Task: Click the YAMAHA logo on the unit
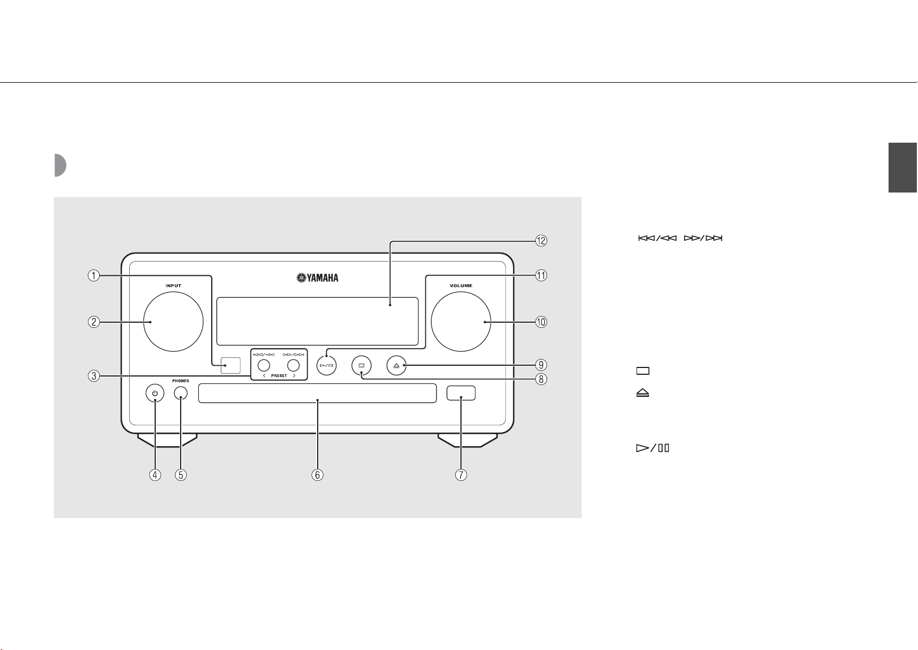coord(318,278)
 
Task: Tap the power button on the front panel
coord(155,394)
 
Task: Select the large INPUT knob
coord(173,322)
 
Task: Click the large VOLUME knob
coord(461,322)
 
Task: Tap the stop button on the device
coord(361,365)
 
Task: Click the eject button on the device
coord(396,365)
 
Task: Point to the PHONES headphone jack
coord(181,393)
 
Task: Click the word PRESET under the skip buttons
coord(279,376)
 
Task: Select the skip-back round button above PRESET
coord(264,365)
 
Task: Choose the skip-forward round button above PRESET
coord(293,365)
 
